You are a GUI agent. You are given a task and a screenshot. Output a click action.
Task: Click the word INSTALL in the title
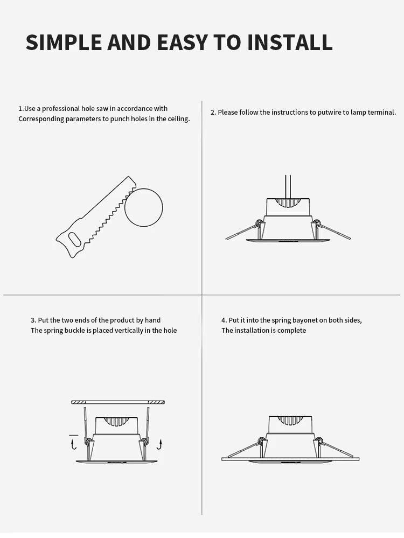pos(290,42)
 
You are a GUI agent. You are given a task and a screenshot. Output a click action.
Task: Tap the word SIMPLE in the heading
pos(64,42)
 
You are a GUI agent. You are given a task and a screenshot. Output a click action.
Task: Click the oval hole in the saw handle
pos(75,239)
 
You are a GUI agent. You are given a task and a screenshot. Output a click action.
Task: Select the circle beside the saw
pos(143,207)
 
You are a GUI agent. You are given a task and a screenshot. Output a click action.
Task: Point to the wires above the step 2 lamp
pos(288,187)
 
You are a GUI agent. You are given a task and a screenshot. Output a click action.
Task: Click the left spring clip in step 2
pos(242,231)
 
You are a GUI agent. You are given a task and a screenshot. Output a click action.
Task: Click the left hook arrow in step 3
pos(73,445)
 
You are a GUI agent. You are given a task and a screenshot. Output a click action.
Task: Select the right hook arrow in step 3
pos(159,444)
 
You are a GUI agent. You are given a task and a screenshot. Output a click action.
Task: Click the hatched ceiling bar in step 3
pos(118,402)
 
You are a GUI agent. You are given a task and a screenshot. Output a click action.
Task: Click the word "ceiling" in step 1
pos(178,119)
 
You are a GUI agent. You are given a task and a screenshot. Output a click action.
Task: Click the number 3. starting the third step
pos(33,320)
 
